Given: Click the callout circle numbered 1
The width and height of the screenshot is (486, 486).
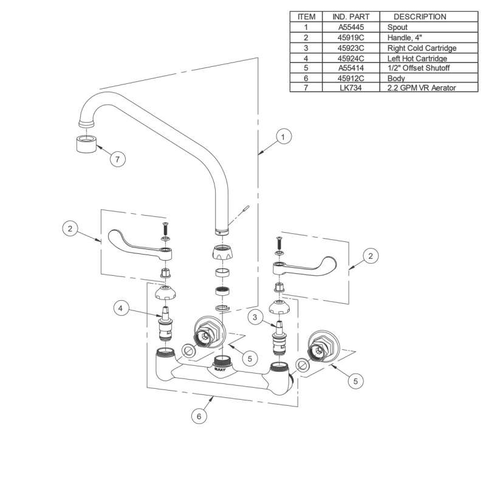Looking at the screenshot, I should (x=282, y=137).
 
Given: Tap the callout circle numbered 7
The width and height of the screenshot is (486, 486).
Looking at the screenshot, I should (x=118, y=159).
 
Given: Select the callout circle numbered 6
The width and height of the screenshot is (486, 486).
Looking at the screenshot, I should (x=198, y=417).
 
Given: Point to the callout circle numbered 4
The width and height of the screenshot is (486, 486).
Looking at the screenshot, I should (x=122, y=309).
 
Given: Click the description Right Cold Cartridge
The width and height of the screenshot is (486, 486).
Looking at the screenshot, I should (x=421, y=48).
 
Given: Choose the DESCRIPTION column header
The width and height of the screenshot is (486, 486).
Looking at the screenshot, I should (x=420, y=17).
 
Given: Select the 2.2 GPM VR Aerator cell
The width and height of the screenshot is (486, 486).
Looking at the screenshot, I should (x=421, y=88).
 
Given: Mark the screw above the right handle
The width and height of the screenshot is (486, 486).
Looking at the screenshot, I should (x=279, y=242).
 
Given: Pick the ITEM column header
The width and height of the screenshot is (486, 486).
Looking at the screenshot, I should (x=307, y=17).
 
